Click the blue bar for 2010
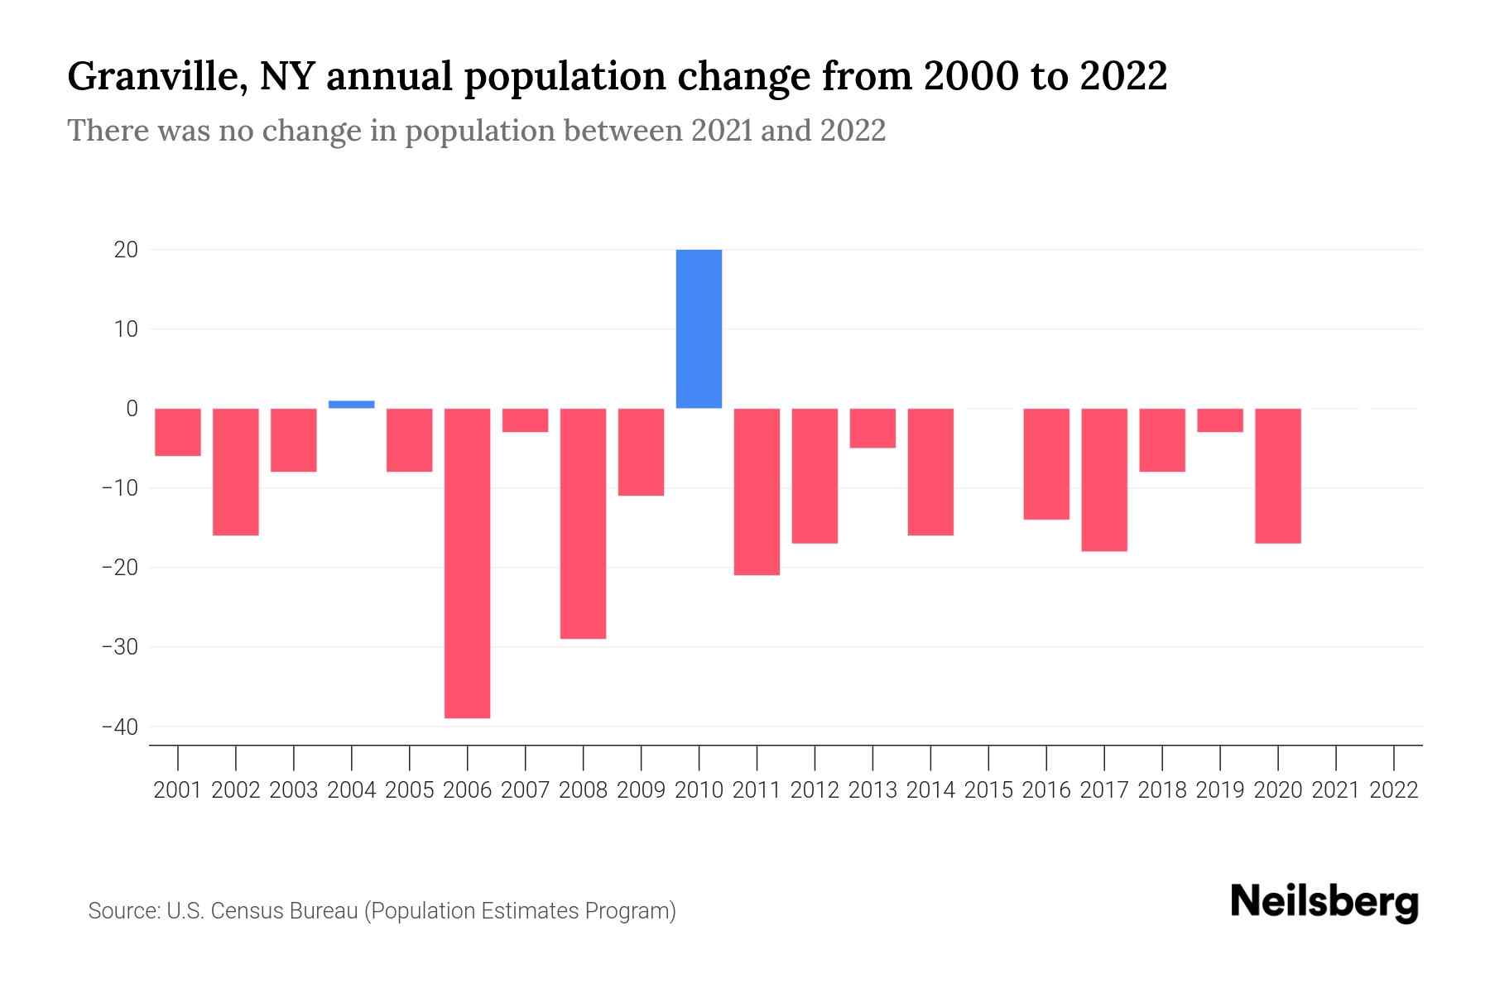(699, 329)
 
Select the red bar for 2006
(467, 563)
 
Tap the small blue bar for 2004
(351, 405)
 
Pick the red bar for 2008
(583, 523)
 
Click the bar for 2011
(757, 492)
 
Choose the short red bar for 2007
(525, 420)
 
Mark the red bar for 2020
(1277, 476)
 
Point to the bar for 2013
(872, 428)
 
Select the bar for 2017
(1103, 480)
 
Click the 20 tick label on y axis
(126, 250)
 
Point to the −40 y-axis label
(119, 727)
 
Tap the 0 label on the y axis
(132, 409)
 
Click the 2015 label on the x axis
(988, 790)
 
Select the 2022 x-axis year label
(1394, 790)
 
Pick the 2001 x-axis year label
(178, 790)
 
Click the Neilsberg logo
(1324, 902)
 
